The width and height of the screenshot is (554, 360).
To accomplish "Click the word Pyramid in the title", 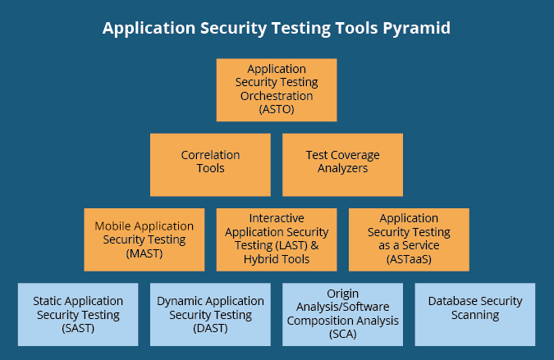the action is click(417, 29).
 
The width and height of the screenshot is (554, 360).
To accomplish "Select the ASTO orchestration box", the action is click(277, 90).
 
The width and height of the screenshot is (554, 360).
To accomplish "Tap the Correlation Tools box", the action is click(210, 165).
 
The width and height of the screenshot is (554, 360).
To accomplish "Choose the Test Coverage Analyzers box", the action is click(343, 165).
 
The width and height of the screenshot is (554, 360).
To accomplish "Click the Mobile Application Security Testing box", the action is click(144, 239).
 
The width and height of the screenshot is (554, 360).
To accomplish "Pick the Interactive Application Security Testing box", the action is click(277, 239).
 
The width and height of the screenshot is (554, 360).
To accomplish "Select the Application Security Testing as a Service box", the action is click(409, 239).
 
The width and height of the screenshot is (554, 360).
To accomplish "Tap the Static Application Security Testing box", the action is click(78, 314).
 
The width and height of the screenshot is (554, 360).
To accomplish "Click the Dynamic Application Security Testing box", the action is click(210, 314).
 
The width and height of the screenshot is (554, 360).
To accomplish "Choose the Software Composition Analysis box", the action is click(343, 314).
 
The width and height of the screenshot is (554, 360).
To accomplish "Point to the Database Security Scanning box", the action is click(475, 314).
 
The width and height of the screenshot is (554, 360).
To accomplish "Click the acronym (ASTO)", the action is click(277, 109).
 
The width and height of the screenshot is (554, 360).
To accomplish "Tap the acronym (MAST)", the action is click(144, 253).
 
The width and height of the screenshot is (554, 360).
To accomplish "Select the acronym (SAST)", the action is click(78, 329).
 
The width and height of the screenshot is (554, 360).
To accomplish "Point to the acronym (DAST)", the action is click(210, 329).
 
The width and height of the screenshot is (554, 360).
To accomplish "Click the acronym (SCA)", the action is click(343, 335).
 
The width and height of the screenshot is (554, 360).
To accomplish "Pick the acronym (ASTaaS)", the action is click(409, 259).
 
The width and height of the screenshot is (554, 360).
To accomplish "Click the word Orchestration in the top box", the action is click(277, 96).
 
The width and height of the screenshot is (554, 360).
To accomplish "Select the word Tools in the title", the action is click(356, 28).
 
